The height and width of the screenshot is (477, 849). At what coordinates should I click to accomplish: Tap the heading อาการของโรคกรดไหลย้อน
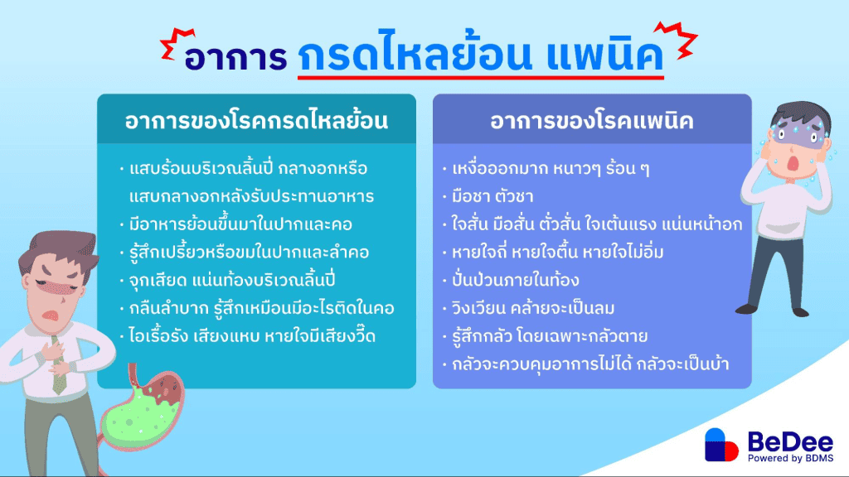[x=256, y=121]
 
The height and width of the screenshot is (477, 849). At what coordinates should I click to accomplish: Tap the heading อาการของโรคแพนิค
[x=592, y=121]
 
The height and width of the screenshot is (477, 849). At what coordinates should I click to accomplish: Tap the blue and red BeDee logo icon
[x=721, y=445]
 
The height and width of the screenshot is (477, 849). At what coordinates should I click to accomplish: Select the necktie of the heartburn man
[x=59, y=365]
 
